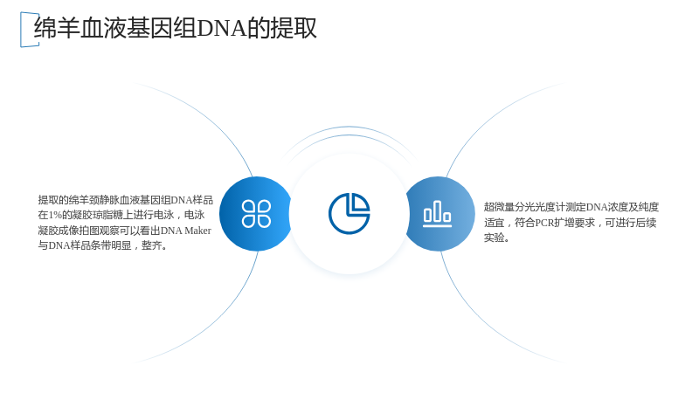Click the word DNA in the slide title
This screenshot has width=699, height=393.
click(x=222, y=28)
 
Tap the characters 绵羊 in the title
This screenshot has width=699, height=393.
click(x=57, y=28)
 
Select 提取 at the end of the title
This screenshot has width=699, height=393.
click(x=294, y=28)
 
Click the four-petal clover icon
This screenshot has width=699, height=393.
click(x=256, y=214)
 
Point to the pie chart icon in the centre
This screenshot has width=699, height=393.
click(x=349, y=213)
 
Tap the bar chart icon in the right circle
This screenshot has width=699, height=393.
click(x=438, y=213)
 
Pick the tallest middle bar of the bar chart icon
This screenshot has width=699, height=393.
click(x=438, y=210)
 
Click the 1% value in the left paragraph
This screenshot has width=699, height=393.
click(x=55, y=215)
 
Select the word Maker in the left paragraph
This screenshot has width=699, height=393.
click(x=198, y=231)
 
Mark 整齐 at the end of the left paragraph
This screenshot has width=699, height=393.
click(x=151, y=245)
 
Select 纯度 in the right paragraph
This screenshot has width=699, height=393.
click(x=648, y=207)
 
